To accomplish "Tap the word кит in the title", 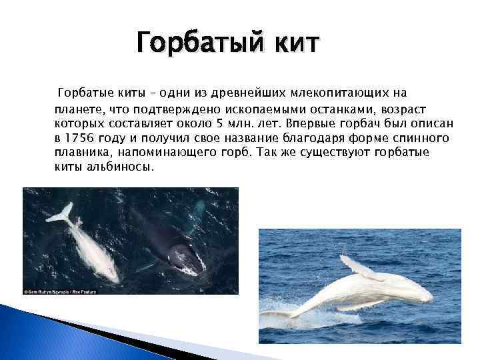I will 293,45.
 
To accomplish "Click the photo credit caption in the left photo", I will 66,291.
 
